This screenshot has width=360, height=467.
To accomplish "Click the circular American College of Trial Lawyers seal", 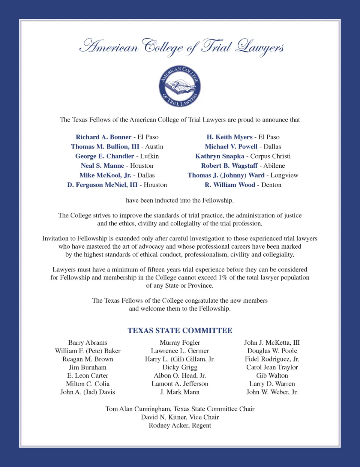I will [x=180, y=86].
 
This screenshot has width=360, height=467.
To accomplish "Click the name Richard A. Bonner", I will [x=103, y=137].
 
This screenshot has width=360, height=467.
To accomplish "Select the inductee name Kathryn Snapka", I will [x=219, y=156].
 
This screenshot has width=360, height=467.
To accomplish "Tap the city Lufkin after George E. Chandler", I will [x=149, y=156].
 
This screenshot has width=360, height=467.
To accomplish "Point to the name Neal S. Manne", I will [x=102, y=165].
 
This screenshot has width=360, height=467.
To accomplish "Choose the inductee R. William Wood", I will [x=229, y=185].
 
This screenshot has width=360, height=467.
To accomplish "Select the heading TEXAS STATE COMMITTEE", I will [x=180, y=330].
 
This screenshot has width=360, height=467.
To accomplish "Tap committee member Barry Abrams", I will [x=88, y=342].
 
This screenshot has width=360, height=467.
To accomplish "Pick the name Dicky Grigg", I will [x=180, y=367].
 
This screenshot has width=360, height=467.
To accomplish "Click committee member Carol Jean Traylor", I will [x=272, y=367].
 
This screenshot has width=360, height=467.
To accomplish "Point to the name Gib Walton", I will [x=272, y=375].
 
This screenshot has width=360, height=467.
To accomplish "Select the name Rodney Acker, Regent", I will [x=180, y=425].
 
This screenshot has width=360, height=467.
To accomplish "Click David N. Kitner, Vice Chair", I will [x=180, y=417].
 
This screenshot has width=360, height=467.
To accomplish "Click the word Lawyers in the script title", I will [x=259, y=47].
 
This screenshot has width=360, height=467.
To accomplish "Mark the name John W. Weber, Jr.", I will [x=272, y=392].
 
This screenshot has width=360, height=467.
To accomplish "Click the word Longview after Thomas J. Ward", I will [x=284, y=175].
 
